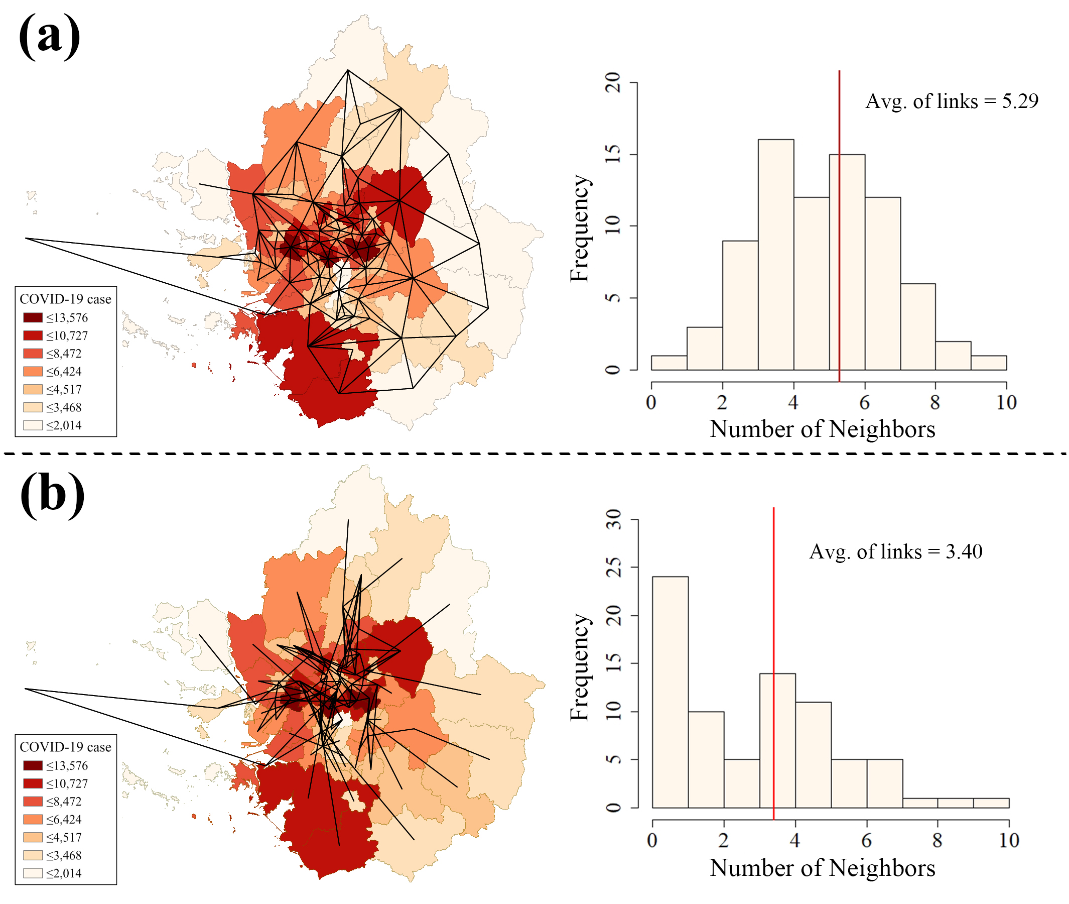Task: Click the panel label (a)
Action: (50, 37)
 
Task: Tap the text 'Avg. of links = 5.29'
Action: (951, 101)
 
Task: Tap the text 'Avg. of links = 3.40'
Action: (895, 552)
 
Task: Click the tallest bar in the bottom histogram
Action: (670, 692)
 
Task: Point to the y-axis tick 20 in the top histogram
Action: (613, 82)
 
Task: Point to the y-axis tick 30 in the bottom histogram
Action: (613, 520)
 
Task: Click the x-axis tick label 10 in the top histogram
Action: (1006, 403)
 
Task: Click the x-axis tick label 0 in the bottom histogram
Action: (652, 840)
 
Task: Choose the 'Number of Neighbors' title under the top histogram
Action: (822, 429)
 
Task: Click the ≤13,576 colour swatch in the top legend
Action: (33, 318)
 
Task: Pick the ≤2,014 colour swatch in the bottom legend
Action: (33, 873)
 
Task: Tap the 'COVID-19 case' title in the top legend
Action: (65, 299)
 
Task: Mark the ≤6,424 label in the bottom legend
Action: (64, 820)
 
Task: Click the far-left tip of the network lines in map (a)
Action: (26, 238)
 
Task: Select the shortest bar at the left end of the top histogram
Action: (669, 363)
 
